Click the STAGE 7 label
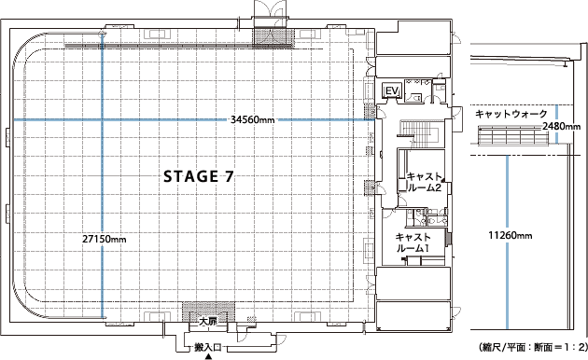tap(199, 176)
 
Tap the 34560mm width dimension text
tap(252, 120)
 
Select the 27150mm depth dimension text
tap(105, 239)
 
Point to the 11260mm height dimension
tap(511, 236)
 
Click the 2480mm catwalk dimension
tap(561, 126)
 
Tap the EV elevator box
tap(391, 90)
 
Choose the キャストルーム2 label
tap(424, 182)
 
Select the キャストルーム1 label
tap(413, 242)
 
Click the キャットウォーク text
tap(511, 114)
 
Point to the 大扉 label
tap(208, 322)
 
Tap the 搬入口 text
tap(207, 348)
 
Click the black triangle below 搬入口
tap(207, 357)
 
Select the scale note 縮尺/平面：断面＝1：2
tap(533, 348)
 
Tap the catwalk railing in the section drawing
tap(513, 135)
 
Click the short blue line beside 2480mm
tap(556, 124)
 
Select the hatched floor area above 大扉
tap(208, 311)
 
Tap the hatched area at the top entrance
tap(273, 36)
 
